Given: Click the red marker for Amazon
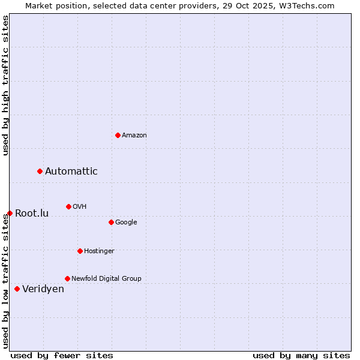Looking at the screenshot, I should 118,135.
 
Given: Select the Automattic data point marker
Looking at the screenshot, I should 40,172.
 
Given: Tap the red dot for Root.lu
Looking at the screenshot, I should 10,214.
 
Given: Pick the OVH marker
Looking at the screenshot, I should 68,207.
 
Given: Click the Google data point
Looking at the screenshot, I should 111,223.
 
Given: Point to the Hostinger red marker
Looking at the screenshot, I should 80,251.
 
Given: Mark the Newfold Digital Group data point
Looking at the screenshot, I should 67,279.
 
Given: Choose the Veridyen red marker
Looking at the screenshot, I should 17,289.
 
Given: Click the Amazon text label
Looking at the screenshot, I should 134,136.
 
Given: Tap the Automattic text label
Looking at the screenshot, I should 71,172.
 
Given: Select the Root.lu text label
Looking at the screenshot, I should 32,214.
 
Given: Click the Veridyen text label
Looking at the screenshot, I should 43,289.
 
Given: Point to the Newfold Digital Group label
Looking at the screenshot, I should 106,279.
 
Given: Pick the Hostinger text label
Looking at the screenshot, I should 99,251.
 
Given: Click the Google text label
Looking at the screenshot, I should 126,223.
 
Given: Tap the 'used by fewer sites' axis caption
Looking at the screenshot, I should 62,355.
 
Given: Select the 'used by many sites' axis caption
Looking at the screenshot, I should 301,355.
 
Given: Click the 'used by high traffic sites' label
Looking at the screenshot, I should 6,85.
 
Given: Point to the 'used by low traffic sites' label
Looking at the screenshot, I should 6,281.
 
